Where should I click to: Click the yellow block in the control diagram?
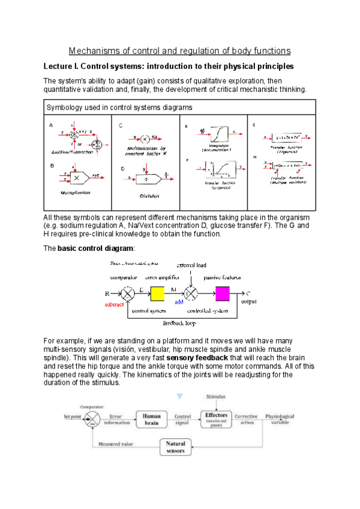(x=157, y=294)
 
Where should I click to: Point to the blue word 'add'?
(x=179, y=303)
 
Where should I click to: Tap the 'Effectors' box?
(x=216, y=418)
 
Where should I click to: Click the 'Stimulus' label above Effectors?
(x=216, y=397)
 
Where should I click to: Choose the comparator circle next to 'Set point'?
(x=92, y=418)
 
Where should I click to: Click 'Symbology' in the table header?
(x=64, y=108)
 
